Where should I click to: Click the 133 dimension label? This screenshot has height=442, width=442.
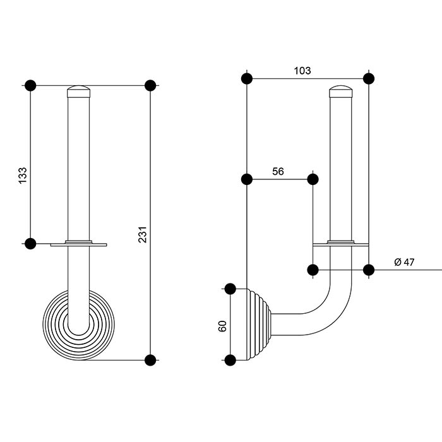click(x=23, y=175)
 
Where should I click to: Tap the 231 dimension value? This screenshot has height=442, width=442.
click(x=143, y=234)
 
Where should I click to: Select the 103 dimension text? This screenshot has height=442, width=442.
click(x=302, y=71)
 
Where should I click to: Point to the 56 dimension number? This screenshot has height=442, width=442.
click(x=278, y=171)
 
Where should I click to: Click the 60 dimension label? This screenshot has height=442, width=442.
click(x=222, y=326)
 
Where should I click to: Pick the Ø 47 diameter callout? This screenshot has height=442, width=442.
click(x=404, y=262)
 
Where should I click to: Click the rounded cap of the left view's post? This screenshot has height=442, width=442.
click(x=79, y=91)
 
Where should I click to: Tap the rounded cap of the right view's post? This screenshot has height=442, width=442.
click(x=341, y=91)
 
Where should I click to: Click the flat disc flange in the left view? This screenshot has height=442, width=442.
click(x=79, y=244)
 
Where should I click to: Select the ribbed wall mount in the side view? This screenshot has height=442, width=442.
click(x=260, y=325)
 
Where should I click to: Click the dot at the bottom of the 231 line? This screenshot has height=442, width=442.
click(x=150, y=360)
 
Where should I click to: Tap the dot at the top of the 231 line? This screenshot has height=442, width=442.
click(x=150, y=85)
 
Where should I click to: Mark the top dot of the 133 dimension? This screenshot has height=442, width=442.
click(x=30, y=85)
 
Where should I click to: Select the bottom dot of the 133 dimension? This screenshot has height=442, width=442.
click(x=30, y=244)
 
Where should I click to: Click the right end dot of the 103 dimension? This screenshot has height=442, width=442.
click(x=369, y=79)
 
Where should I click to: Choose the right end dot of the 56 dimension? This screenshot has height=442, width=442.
click(x=313, y=179)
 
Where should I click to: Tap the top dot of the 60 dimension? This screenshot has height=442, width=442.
click(x=230, y=289)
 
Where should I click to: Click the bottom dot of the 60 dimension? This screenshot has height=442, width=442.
click(x=230, y=360)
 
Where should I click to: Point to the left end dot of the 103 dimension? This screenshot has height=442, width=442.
click(x=247, y=79)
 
